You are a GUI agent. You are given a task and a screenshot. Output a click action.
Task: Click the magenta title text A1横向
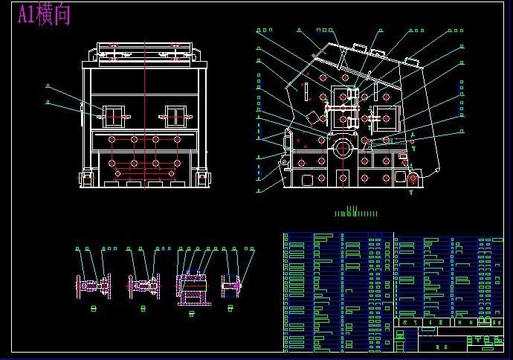coord(44,14)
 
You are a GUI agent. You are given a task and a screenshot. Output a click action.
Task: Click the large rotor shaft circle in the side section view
coord(342,147)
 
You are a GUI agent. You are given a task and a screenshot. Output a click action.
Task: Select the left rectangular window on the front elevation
coord(113,115)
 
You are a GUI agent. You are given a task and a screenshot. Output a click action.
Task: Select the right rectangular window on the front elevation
coord(174,115)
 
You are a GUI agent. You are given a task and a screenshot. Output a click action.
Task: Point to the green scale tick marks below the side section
coord(357,212)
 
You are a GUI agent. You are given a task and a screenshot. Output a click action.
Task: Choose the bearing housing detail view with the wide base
coord(192,287)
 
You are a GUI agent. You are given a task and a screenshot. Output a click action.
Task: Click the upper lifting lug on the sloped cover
coord(358,48)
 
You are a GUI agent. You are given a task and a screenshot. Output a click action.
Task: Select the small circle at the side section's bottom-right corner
coord(413,179)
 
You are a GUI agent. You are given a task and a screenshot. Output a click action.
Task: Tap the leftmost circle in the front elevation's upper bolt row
coord(112,139)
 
